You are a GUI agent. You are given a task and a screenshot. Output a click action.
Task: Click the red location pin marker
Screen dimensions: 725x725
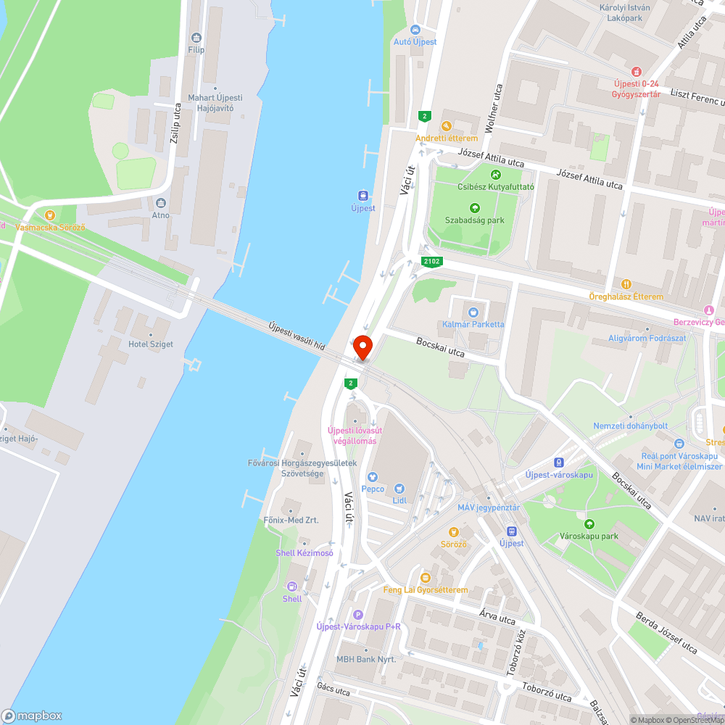click(x=362, y=347)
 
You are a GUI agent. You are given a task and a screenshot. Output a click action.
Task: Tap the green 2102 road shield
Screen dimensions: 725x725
click(x=431, y=262)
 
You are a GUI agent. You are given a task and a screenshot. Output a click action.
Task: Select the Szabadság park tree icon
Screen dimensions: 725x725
click(x=475, y=208)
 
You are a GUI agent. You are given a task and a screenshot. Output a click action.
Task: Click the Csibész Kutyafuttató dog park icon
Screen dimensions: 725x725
click(x=495, y=174)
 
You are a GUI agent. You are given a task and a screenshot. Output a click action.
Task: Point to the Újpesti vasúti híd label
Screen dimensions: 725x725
click(x=296, y=338)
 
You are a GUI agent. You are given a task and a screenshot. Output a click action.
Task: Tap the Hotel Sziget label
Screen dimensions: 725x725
click(x=151, y=344)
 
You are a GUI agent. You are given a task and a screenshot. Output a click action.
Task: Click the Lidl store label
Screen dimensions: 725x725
click(x=399, y=500)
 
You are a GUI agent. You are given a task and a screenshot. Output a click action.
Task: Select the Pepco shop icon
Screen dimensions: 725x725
click(x=373, y=477)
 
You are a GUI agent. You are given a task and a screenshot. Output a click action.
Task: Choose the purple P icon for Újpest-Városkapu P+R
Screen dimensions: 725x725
click(x=357, y=614)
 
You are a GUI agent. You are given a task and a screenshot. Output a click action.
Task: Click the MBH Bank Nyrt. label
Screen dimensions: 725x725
click(x=366, y=659)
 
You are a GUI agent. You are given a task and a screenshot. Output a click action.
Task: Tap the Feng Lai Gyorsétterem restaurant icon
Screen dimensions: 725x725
click(x=426, y=578)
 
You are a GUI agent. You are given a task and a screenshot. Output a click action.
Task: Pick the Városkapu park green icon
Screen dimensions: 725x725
click(x=588, y=524)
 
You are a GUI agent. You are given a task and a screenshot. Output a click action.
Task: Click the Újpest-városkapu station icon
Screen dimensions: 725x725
click(x=558, y=462)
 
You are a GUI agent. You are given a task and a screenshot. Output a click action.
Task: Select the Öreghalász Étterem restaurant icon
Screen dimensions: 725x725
click(x=626, y=284)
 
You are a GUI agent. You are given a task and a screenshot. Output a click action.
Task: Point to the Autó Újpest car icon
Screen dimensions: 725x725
click(x=415, y=30)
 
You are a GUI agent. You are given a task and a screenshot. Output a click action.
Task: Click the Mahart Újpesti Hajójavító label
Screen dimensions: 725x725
click(x=215, y=102)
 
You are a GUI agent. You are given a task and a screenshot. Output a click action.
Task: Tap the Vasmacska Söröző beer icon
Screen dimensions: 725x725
click(x=50, y=215)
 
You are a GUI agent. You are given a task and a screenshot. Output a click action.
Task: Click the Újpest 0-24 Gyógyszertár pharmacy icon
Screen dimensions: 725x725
click(x=636, y=71)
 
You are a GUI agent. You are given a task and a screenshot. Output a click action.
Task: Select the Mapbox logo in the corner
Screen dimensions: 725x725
click(x=32, y=716)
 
